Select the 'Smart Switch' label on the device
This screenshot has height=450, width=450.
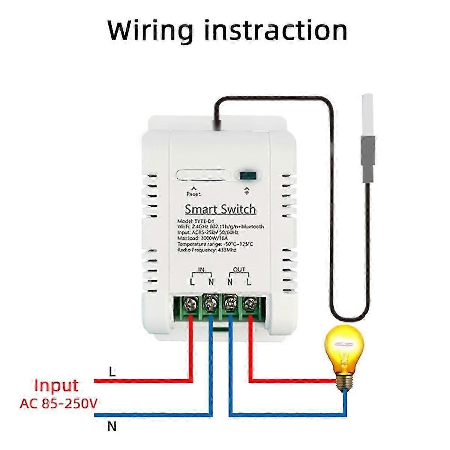click(220, 209)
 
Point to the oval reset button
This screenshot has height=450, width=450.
click(203, 175)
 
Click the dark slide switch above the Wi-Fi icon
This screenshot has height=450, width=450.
click(247, 175)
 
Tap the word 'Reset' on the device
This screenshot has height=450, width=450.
click(193, 194)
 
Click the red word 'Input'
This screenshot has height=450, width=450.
click(56, 385)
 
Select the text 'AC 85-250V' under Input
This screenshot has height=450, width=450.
click(59, 404)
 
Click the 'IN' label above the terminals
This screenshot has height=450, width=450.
click(201, 270)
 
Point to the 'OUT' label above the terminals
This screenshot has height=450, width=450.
click(239, 270)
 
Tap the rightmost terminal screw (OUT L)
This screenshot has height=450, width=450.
click(248, 303)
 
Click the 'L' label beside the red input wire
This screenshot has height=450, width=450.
click(112, 372)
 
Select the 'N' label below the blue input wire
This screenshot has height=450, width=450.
click(112, 427)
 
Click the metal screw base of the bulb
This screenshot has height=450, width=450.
click(345, 381)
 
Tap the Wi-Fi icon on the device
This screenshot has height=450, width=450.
click(246, 190)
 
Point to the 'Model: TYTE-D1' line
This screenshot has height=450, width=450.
click(201, 221)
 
